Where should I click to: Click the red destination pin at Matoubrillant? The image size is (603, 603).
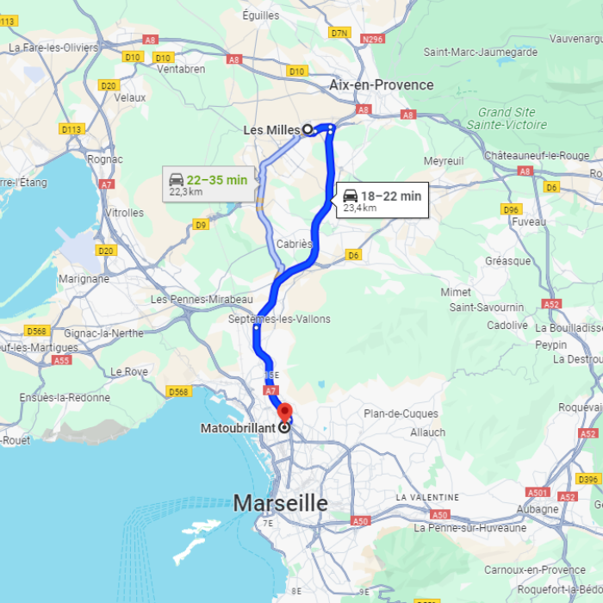(283, 411)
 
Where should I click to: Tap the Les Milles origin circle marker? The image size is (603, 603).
(307, 130)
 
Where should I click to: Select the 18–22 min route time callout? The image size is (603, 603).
(382, 201)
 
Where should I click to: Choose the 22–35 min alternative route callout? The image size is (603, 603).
(208, 184)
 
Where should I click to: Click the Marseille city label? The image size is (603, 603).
(281, 503)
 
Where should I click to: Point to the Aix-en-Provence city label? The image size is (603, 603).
(381, 84)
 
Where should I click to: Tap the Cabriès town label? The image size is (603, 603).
(294, 244)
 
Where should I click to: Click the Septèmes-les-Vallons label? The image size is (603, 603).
(279, 319)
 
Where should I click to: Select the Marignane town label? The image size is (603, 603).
(84, 278)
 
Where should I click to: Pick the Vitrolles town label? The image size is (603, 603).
(123, 212)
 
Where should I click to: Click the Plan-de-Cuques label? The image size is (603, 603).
(401, 413)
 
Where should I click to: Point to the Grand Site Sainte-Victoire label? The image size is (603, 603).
(507, 118)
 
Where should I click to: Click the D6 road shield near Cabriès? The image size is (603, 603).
(353, 255)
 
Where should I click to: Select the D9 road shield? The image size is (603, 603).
(201, 225)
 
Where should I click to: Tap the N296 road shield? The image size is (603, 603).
(373, 39)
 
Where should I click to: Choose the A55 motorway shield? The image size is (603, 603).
(61, 360)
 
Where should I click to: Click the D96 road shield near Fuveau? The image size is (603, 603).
(512, 209)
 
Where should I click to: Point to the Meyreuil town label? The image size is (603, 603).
(444, 161)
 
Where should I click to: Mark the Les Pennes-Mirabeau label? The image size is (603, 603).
(196, 299)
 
